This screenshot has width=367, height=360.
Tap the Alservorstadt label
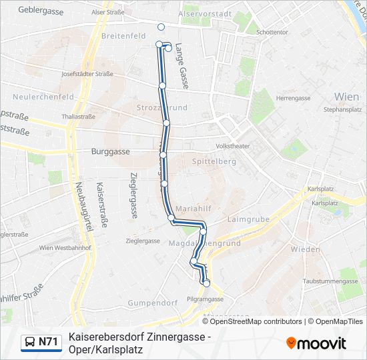point(206,13)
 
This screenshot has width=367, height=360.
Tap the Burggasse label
point(110,151)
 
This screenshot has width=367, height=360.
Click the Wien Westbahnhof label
point(65,248)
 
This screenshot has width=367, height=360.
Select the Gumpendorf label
point(153,303)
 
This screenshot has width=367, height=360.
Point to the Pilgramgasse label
point(204,299)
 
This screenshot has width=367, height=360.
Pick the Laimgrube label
point(248,219)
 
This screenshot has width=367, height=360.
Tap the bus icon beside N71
point(31,343)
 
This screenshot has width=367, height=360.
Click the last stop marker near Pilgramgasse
point(206,283)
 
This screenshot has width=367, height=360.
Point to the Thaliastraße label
point(78,116)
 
